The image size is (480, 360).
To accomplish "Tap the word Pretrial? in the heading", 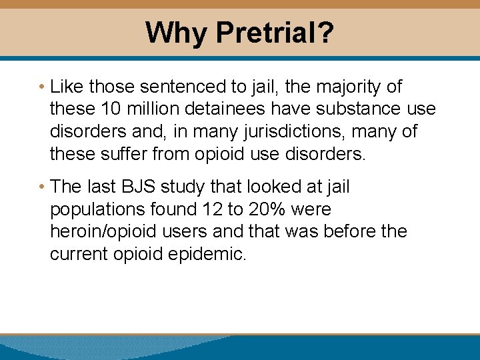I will click(x=275, y=33).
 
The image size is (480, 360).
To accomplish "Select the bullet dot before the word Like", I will click(x=42, y=87).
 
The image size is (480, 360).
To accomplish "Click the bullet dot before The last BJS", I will click(x=42, y=187).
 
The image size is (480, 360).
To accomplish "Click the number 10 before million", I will click(x=111, y=109).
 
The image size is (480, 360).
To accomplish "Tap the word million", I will click(x=155, y=109).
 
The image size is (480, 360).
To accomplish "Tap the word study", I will click(x=195, y=187).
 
